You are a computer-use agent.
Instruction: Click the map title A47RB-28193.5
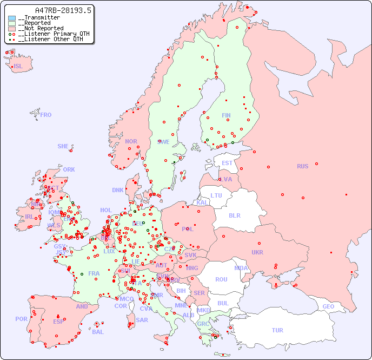coord(63,10)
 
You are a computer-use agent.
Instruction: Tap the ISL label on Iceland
coord(18,67)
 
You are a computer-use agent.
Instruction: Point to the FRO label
coord(46,115)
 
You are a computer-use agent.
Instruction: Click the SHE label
coord(63,146)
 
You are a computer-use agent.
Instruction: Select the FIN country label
coord(226,115)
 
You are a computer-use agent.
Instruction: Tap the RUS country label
coord(302,166)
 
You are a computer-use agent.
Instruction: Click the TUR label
coord(277,330)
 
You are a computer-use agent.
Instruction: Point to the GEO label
coord(328,306)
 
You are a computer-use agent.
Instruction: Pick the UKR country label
coord(257,252)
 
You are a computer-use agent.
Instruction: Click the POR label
coord(21,319)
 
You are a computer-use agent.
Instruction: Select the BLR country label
coord(234,215)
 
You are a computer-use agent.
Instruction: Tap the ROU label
coord(221,279)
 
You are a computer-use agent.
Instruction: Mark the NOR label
coord(131,141)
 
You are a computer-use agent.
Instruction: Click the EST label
coord(227,163)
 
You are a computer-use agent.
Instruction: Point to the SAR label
coord(142,320)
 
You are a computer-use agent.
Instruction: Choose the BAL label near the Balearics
coord(98,332)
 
